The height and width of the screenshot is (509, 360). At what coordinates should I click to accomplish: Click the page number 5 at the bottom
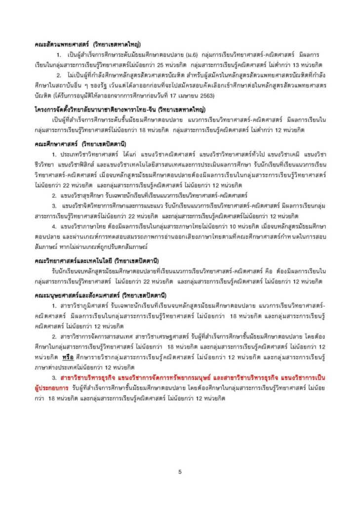pyautogui.click(x=180, y=472)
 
